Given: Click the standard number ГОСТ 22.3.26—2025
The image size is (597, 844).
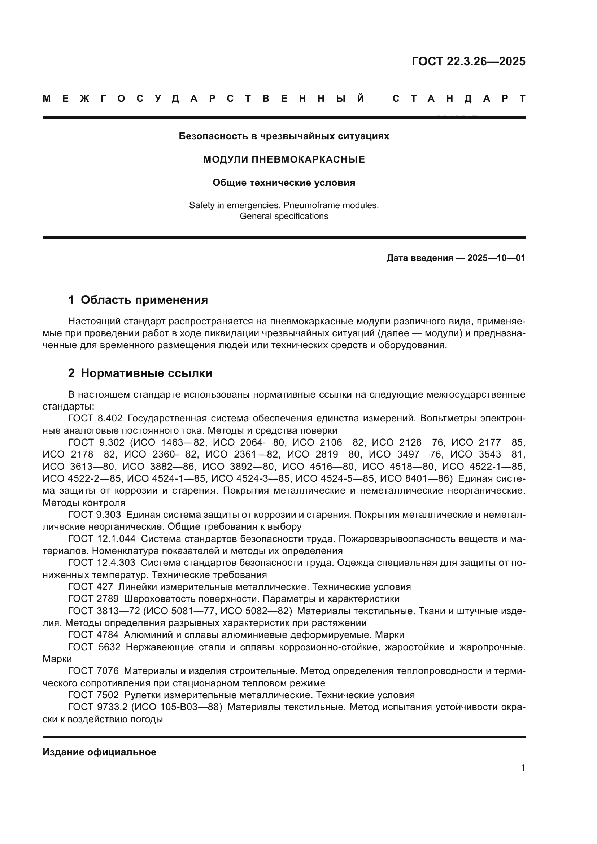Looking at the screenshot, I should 469,61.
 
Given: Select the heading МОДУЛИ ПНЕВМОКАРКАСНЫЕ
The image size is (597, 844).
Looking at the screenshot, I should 284,159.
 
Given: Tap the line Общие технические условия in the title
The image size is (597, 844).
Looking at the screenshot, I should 284,183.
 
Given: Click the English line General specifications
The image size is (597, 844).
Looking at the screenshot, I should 284,216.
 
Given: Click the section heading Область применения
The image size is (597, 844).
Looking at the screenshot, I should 144,300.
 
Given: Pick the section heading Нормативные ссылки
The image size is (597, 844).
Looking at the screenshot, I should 146,373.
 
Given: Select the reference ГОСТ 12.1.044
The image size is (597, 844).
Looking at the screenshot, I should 102,539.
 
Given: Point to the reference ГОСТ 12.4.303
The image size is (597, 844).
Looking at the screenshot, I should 102,563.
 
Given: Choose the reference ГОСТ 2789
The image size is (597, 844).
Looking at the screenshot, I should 93,599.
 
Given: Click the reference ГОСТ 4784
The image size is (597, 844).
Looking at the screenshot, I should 93,635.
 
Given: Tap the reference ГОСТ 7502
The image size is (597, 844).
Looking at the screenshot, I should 93,695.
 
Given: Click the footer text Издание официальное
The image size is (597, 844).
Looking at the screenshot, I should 99,752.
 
